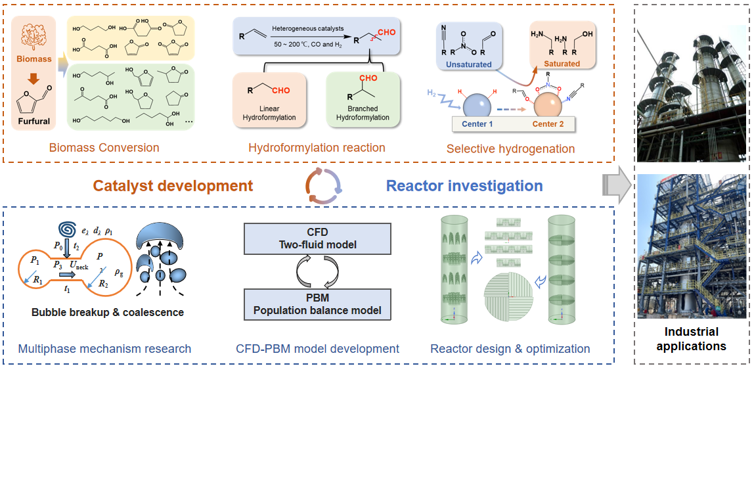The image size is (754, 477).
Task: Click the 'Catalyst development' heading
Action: pyautogui.click(x=173, y=186)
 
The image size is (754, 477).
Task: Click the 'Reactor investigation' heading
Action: pyautogui.click(x=464, y=186)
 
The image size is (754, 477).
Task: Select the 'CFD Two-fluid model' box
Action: pyautogui.click(x=317, y=238)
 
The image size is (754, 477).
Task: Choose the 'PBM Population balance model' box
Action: pyautogui.click(x=317, y=304)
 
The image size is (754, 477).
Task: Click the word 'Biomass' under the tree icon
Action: pyautogui.click(x=34, y=59)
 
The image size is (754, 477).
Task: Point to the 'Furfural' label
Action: pyautogui.click(x=34, y=121)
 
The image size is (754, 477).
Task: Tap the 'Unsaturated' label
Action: pyautogui.click(x=468, y=64)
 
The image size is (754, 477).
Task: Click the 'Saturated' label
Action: pyautogui.click(x=562, y=64)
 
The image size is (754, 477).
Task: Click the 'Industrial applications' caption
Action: pyautogui.click(x=691, y=338)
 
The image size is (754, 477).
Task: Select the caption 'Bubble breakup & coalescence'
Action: pyautogui.click(x=108, y=312)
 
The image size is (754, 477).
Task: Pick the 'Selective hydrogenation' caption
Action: pyautogui.click(x=510, y=149)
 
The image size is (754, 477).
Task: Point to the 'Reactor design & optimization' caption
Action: pyautogui.click(x=510, y=349)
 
